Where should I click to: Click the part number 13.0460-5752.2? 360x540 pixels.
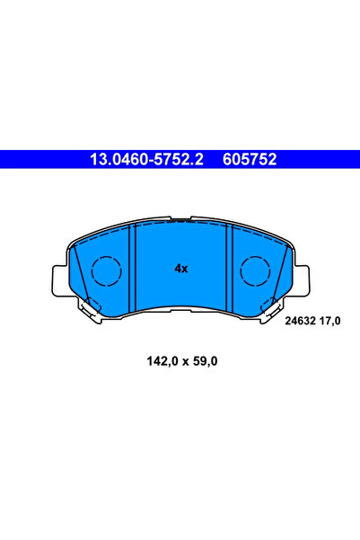pos(146,159)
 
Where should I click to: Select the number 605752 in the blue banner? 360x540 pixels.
pos(250,159)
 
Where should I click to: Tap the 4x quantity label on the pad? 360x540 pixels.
pos(181,269)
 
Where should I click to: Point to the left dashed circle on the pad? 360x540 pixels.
pos(107,271)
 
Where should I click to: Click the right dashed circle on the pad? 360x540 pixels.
pos(255,271)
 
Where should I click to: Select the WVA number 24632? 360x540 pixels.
pos(300,321)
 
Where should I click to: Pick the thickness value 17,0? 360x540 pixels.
pos(330,322)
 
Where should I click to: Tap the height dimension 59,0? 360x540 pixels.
pos(204,361)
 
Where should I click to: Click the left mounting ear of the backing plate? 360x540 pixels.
pos(59,280)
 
